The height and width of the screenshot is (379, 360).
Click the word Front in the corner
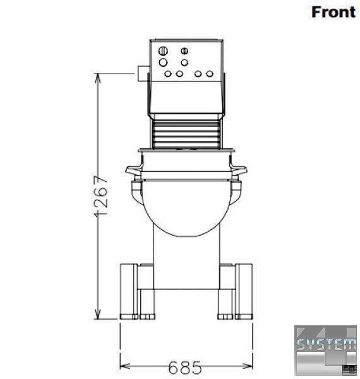(x=333, y=12)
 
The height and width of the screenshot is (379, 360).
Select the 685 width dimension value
(x=185, y=367)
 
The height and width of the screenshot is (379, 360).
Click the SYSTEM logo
(x=325, y=350)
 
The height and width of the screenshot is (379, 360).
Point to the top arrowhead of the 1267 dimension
(x=98, y=78)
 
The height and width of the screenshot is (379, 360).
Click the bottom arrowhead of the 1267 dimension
(x=98, y=314)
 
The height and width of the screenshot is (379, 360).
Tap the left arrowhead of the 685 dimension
(x=125, y=366)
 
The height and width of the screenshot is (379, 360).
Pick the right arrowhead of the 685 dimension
(x=247, y=366)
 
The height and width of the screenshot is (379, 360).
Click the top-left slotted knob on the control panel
(x=163, y=51)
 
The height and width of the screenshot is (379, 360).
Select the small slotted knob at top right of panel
(x=184, y=51)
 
